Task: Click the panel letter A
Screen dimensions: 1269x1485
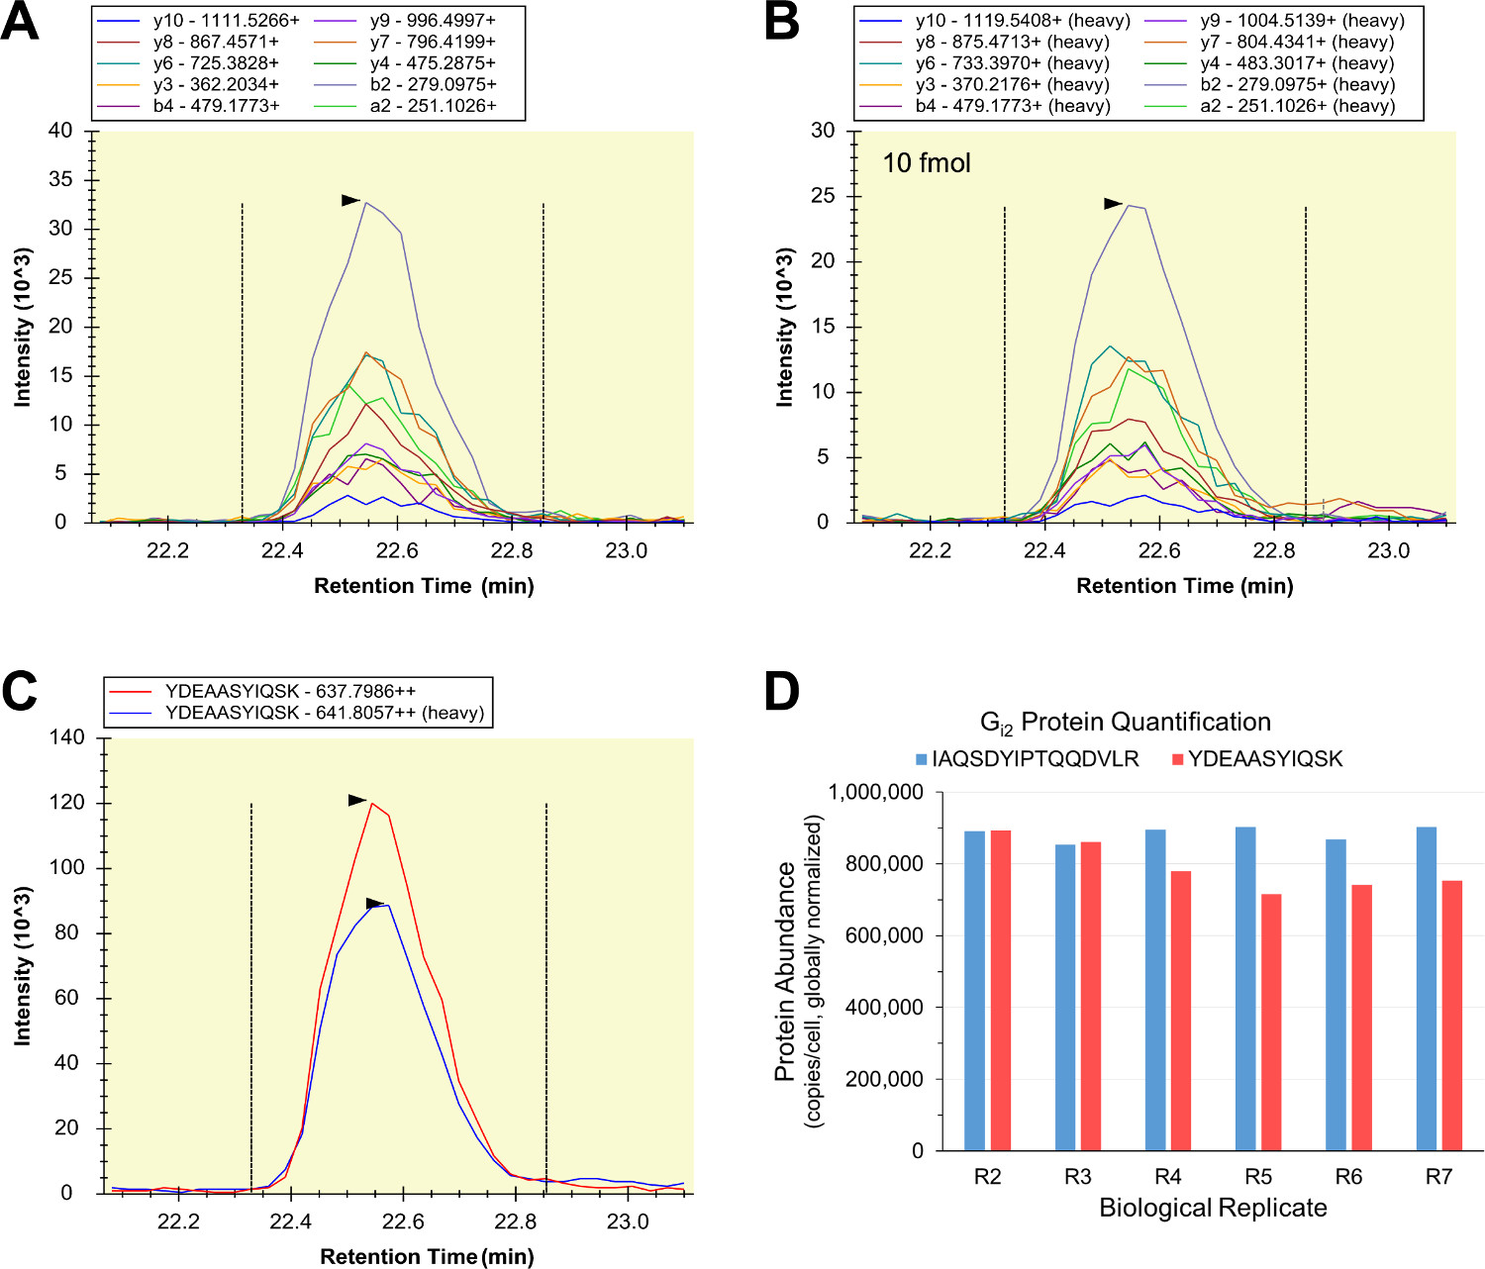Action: (20, 22)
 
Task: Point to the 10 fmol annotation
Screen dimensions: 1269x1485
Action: (927, 163)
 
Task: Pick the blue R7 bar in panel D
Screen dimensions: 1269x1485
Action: (1427, 988)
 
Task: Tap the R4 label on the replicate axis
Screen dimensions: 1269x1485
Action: (1168, 1176)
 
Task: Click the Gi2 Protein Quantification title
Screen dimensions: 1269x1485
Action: (1125, 723)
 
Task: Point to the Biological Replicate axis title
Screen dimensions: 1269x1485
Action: (1213, 1209)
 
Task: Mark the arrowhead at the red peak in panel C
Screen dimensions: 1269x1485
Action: (357, 800)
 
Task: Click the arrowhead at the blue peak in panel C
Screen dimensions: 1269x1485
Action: (374, 903)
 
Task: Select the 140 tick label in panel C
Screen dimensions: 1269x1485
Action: (66, 737)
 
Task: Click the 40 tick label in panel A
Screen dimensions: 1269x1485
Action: (60, 131)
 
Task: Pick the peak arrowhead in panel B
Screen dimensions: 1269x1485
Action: (1114, 204)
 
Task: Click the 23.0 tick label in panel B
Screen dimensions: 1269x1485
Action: (1388, 551)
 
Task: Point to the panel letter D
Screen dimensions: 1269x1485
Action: (782, 691)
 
